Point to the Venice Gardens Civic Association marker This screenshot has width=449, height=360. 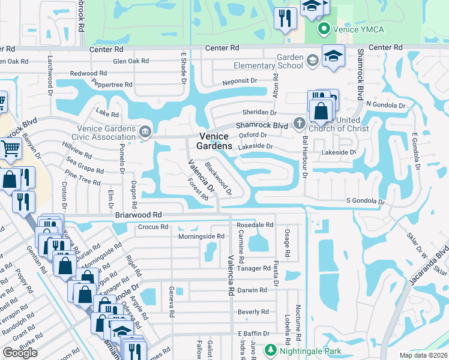pyautogui.click(x=144, y=131)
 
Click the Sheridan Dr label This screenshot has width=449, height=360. pyautogui.click(x=259, y=112)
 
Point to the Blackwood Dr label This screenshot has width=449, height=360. pyautogui.click(x=218, y=178)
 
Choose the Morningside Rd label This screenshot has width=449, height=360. pyautogui.click(x=202, y=236)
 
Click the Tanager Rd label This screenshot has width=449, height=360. pyautogui.click(x=254, y=268)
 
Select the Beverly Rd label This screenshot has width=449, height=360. pyautogui.click(x=253, y=312)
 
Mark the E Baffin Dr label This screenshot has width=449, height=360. pyautogui.click(x=256, y=334)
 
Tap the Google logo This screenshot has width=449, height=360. pyautogui.click(x=20, y=353)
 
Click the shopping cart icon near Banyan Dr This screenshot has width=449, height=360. pyautogui.click(x=10, y=148)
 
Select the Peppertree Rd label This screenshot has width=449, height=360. pyautogui.click(x=113, y=85)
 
